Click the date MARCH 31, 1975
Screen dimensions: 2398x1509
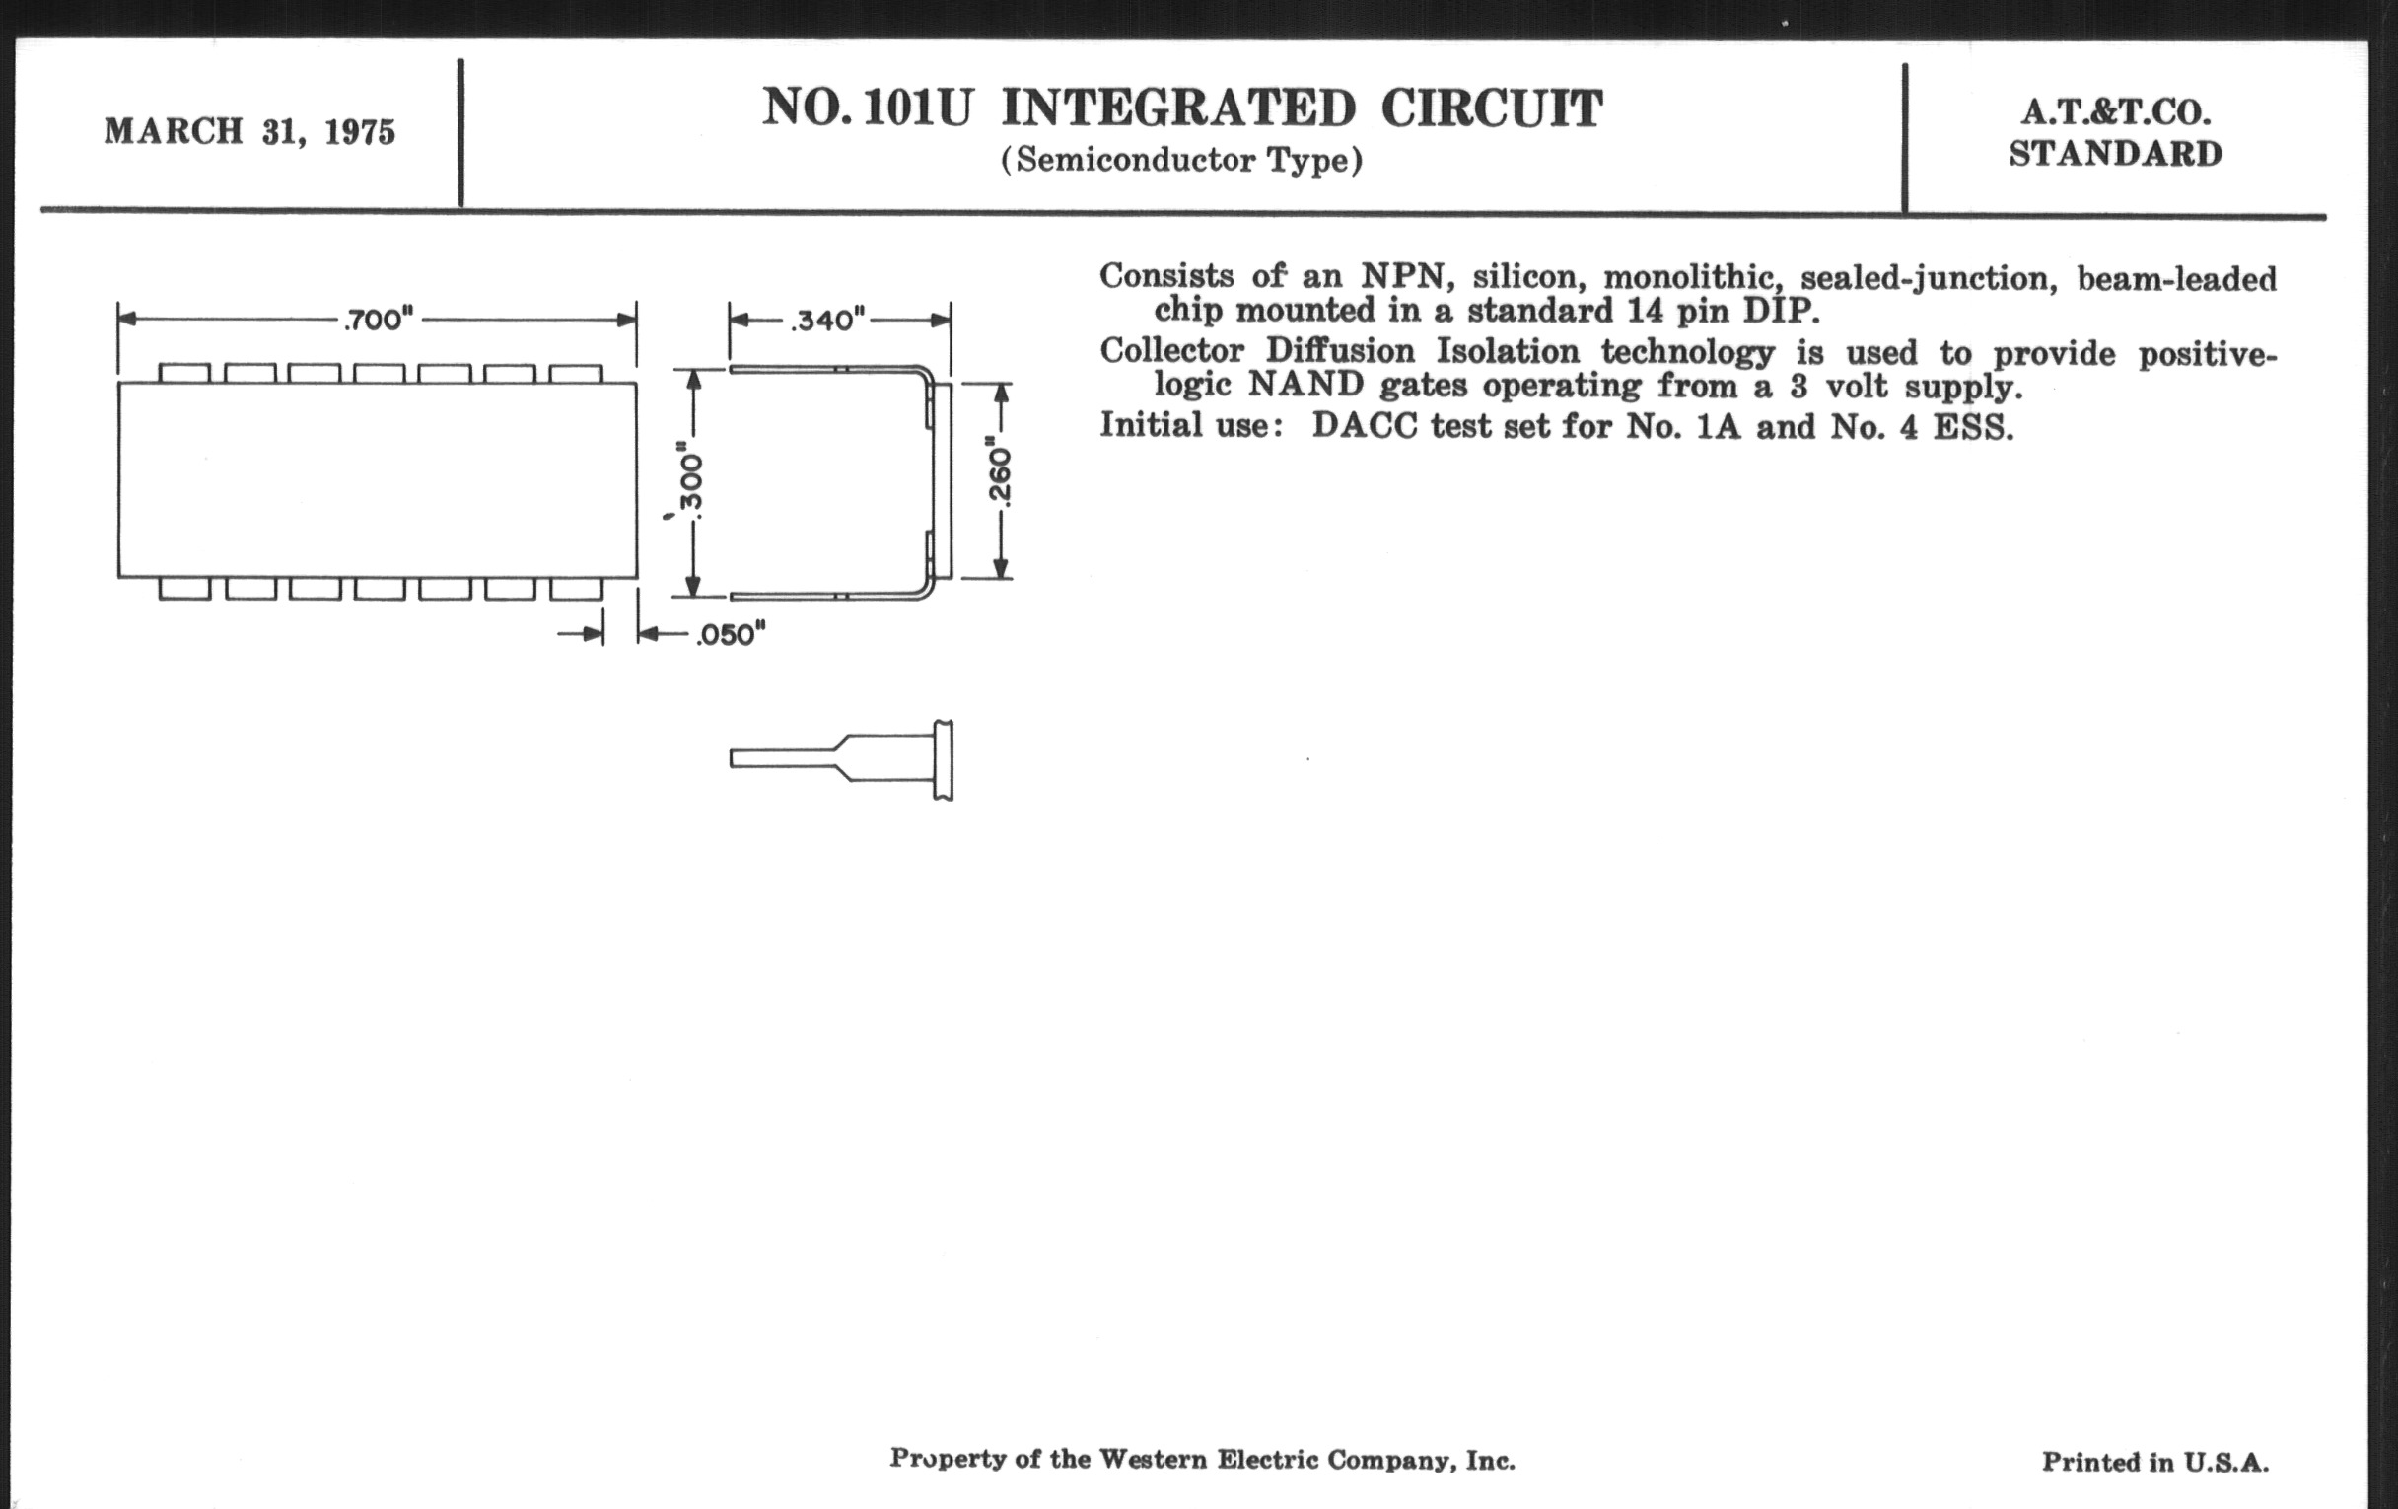tap(250, 131)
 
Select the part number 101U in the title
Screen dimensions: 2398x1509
tap(917, 108)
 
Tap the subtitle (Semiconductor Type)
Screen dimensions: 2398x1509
tap(1181, 161)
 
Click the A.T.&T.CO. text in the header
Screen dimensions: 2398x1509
tap(2116, 112)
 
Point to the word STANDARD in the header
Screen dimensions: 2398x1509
tap(2116, 155)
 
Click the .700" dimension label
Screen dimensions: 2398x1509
tap(379, 320)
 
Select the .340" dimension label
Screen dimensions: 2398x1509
tap(827, 320)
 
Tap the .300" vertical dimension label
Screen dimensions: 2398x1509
tap(693, 482)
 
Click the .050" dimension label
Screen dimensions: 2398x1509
tap(730, 634)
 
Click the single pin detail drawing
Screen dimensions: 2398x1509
tap(841, 760)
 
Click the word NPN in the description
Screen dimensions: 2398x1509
tap(1402, 276)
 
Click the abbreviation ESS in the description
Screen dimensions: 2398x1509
tap(1973, 427)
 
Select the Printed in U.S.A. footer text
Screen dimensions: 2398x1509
tap(2155, 1463)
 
